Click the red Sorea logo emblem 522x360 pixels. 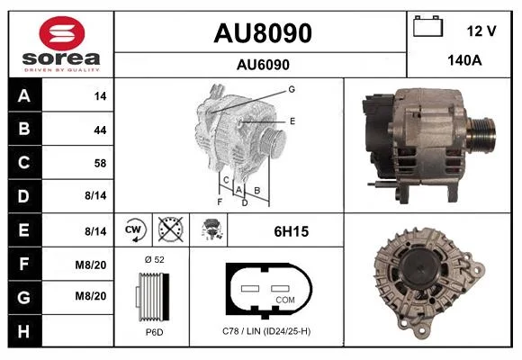62,33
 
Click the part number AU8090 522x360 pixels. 263,33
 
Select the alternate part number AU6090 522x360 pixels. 263,65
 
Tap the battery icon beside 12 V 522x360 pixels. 427,26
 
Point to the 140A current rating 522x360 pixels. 464,60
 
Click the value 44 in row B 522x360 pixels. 100,130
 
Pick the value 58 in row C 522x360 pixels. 100,163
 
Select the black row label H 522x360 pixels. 25,331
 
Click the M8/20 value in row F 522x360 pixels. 91,265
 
